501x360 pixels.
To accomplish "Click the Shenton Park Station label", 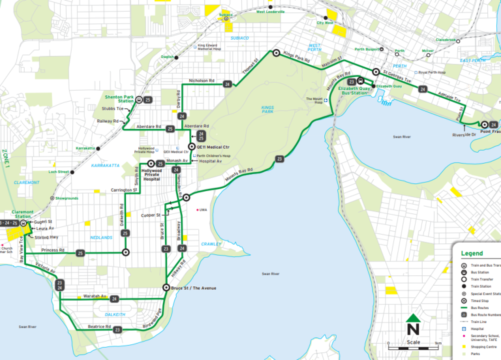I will (119, 98).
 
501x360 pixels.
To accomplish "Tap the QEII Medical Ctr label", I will (218, 147).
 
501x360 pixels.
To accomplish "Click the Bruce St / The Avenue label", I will (197, 288).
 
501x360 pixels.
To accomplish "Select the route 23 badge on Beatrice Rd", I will (117, 330).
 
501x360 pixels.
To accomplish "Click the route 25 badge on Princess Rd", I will (81, 252).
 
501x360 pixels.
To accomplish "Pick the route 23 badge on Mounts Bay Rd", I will (279, 158).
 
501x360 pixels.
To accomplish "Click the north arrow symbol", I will (412, 324).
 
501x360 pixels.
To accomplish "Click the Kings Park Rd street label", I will (296, 58).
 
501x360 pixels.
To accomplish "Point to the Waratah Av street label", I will (94, 295).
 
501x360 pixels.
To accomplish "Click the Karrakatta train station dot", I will (98, 149).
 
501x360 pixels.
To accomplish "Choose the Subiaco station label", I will (226, 14).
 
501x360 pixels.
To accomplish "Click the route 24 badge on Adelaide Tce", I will (423, 89).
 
